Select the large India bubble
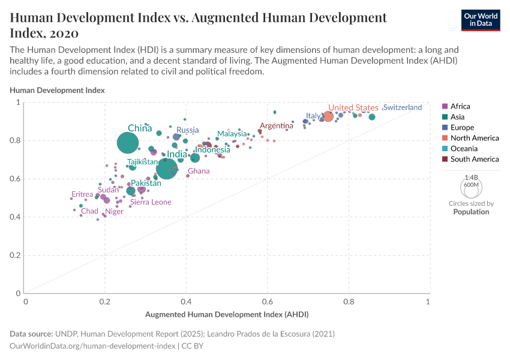tap(167, 169)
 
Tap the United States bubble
tap(328, 116)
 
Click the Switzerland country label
tap(402, 107)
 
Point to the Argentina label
tap(277, 126)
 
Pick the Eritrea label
tap(82, 194)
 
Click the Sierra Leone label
tap(151, 202)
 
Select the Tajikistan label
tap(143, 162)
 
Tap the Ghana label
tap(199, 172)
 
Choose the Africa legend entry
tap(460, 106)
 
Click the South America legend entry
tap(474, 159)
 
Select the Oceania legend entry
tap(464, 149)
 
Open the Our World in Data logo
tap(480, 19)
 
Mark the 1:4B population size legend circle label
tap(472, 178)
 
